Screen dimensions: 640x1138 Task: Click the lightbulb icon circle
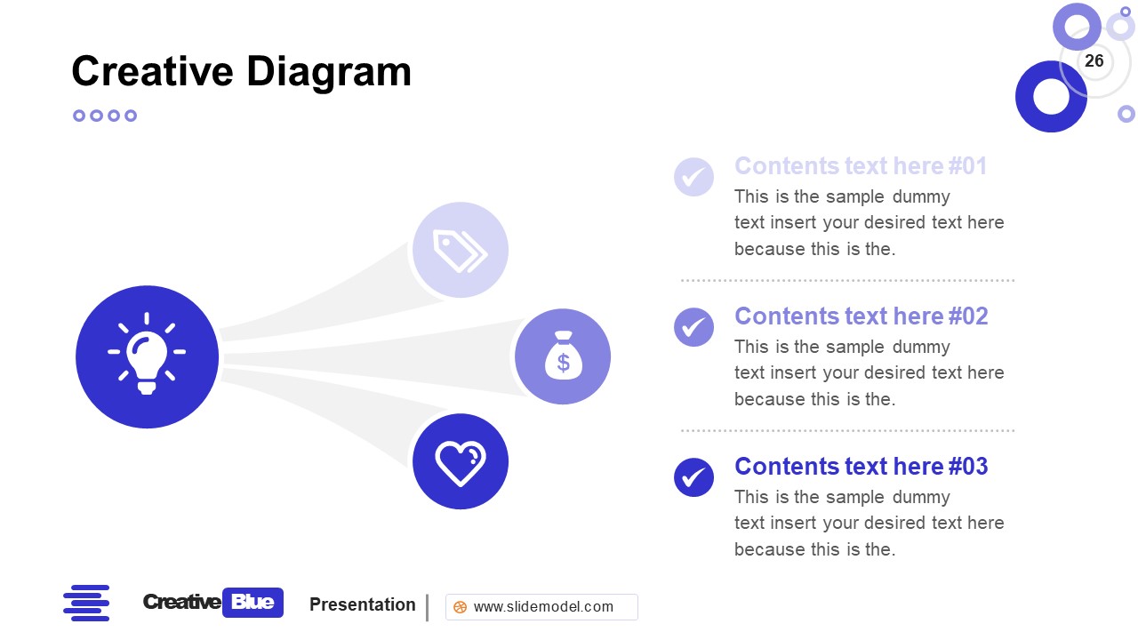point(147,356)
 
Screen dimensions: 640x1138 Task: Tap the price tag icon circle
point(461,250)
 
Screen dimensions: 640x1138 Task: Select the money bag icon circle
point(563,356)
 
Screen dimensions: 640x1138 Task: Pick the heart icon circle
point(461,462)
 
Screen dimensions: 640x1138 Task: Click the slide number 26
point(1094,60)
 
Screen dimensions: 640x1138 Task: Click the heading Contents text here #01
point(861,166)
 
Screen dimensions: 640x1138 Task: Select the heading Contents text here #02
point(861,316)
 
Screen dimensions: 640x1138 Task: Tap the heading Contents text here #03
point(861,467)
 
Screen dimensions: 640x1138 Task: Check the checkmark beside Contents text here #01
point(693,177)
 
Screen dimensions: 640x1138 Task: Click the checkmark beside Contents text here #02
point(693,327)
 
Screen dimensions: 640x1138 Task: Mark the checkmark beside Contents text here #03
point(693,477)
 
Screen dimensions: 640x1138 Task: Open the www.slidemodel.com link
point(543,607)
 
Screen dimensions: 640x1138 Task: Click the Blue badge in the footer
point(252,603)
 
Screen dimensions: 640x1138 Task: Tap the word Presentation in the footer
point(363,604)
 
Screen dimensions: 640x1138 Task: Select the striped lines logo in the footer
point(86,603)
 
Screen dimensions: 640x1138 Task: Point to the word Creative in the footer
point(181,603)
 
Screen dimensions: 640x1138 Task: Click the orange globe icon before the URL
point(460,607)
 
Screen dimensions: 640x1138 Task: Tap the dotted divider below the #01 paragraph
point(847,280)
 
